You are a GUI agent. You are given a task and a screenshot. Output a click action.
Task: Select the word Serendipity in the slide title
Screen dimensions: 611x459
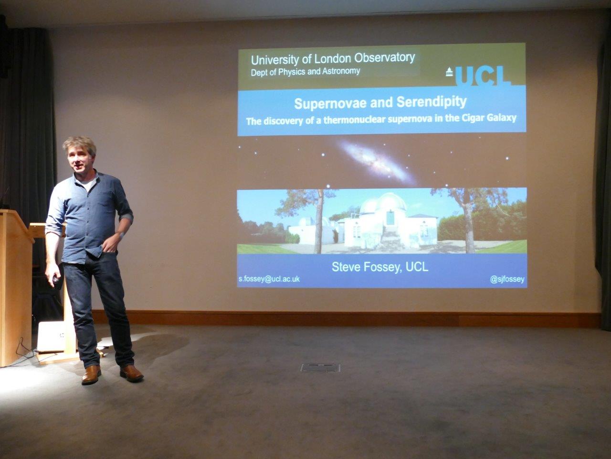pos(432,102)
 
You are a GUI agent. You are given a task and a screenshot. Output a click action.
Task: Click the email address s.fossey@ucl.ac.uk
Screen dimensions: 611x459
pos(269,279)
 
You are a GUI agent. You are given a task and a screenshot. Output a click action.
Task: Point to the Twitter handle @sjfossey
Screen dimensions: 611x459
pos(507,279)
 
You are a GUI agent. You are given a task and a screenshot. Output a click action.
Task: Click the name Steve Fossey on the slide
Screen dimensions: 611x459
pos(366,267)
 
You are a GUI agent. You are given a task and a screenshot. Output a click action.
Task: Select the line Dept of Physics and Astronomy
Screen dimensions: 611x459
pos(305,72)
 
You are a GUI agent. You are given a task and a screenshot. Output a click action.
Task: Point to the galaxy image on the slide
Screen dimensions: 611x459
pos(376,162)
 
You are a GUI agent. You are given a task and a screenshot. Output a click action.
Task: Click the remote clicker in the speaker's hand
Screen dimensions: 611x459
pos(56,279)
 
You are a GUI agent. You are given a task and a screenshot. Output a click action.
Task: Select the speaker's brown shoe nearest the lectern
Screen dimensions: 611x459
pos(91,374)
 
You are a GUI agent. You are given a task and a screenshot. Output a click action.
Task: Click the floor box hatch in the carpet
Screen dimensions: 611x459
pos(320,368)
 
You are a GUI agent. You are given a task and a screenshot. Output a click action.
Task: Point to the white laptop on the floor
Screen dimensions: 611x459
pos(51,337)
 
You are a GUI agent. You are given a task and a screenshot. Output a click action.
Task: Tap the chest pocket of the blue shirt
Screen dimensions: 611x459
pos(105,200)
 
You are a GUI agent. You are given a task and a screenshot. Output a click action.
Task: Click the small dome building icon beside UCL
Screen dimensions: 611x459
pos(449,71)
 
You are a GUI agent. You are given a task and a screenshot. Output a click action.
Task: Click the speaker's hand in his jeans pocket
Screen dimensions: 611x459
pos(111,244)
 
